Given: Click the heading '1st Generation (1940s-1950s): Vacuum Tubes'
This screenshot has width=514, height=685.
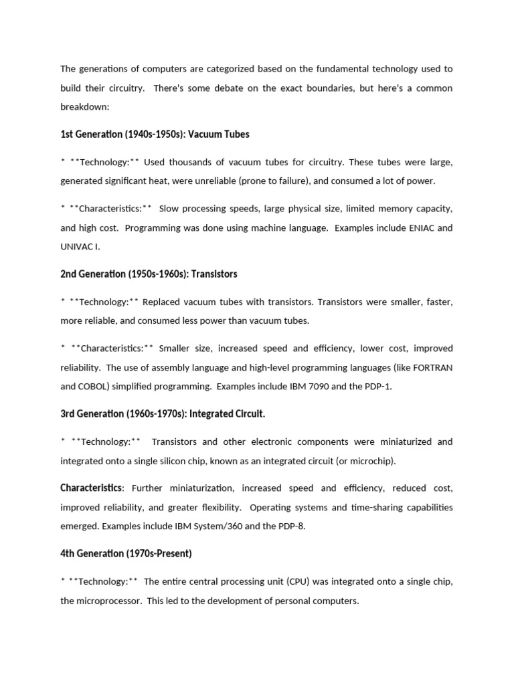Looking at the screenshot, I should tap(155, 134).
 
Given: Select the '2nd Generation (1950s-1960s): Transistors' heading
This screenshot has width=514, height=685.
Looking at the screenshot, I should tap(149, 274).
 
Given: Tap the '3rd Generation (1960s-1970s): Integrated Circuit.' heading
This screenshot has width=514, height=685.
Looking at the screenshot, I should tap(163, 414).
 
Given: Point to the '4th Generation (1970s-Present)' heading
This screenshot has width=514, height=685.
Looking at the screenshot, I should tap(126, 553).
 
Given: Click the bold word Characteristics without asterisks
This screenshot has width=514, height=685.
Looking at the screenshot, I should tap(91, 488).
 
